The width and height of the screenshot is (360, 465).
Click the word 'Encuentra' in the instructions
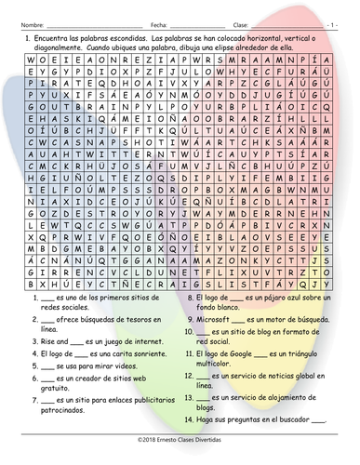(54, 33)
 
